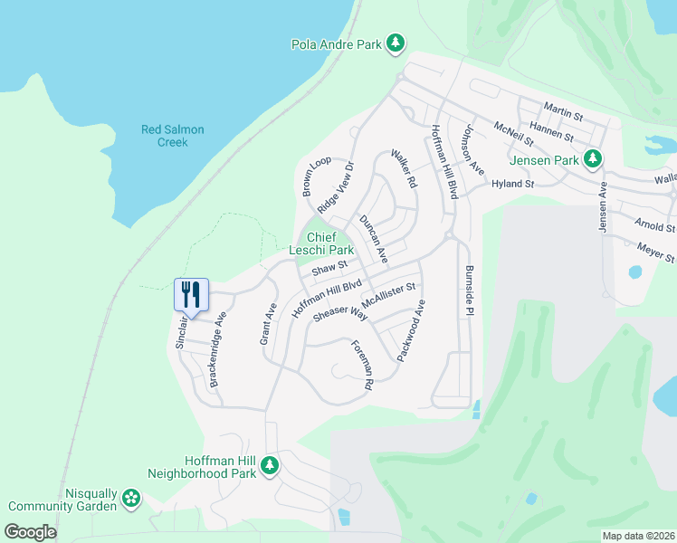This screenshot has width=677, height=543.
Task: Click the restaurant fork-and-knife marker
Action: (191, 293)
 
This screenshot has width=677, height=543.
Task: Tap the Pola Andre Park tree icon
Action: (395, 43)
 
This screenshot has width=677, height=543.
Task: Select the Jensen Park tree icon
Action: (593, 160)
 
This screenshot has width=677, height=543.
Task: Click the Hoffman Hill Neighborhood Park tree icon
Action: (269, 465)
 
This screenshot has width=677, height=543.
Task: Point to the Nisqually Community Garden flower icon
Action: (132, 498)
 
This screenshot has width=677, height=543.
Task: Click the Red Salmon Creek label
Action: (172, 136)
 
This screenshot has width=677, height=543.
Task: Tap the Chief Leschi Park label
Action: (321, 243)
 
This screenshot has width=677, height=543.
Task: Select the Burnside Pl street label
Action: (469, 291)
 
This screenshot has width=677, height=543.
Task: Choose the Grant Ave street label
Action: (269, 323)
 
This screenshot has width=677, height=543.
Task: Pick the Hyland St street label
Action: (513, 183)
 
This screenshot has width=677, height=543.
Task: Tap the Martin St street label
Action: (564, 113)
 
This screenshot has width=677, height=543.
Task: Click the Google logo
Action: (31, 532)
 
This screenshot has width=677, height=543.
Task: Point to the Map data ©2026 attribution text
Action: (637, 536)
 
